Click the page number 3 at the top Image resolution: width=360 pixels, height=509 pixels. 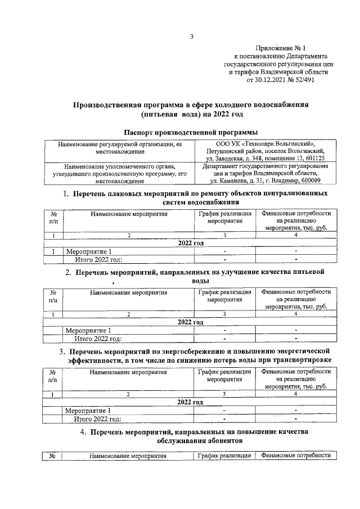(x=191, y=37)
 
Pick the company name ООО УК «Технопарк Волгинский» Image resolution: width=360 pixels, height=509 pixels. (x=265, y=145)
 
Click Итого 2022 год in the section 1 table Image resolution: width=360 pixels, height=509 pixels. (x=99, y=259)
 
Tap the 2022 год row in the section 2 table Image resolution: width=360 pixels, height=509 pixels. (x=190, y=322)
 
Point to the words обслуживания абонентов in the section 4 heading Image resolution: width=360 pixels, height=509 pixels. (x=191, y=442)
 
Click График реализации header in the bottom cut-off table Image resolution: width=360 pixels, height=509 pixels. (x=224, y=456)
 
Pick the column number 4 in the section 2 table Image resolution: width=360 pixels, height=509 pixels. (x=295, y=314)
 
